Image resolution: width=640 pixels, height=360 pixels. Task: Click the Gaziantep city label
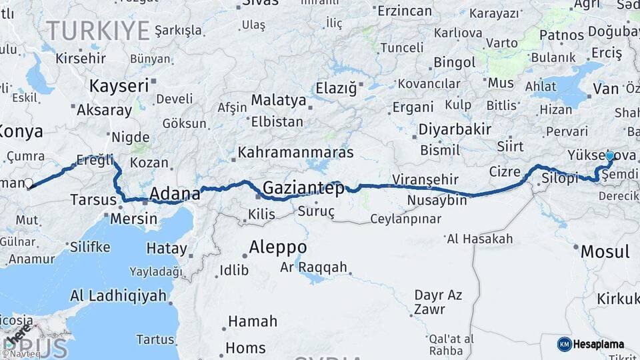tap(304, 189)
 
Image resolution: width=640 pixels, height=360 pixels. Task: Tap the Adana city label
tap(175, 194)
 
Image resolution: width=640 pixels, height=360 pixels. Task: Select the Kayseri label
tap(119, 86)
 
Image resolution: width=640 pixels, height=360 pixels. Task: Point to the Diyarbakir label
tap(455, 129)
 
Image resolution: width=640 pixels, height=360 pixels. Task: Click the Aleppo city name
tap(278, 247)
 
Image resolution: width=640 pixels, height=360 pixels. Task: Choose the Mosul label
tap(605, 251)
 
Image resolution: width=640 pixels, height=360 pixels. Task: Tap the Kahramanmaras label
tap(295, 152)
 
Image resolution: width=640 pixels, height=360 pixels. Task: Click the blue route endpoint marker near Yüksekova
tap(609, 155)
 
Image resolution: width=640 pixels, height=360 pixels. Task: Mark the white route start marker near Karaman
tap(28, 183)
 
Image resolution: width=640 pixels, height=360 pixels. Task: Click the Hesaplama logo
tap(591, 344)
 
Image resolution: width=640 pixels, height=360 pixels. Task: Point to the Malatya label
tap(279, 101)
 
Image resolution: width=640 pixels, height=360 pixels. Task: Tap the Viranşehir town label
tap(425, 179)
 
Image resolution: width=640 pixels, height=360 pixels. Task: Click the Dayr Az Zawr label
tap(438, 301)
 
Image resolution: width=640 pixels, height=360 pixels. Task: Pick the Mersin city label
tap(134, 218)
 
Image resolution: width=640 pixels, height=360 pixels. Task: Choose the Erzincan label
tap(405, 11)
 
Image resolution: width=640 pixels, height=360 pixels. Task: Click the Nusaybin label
tap(437, 201)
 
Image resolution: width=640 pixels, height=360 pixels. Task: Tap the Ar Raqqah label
tap(313, 267)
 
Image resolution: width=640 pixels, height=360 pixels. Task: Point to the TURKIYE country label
tap(98, 30)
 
